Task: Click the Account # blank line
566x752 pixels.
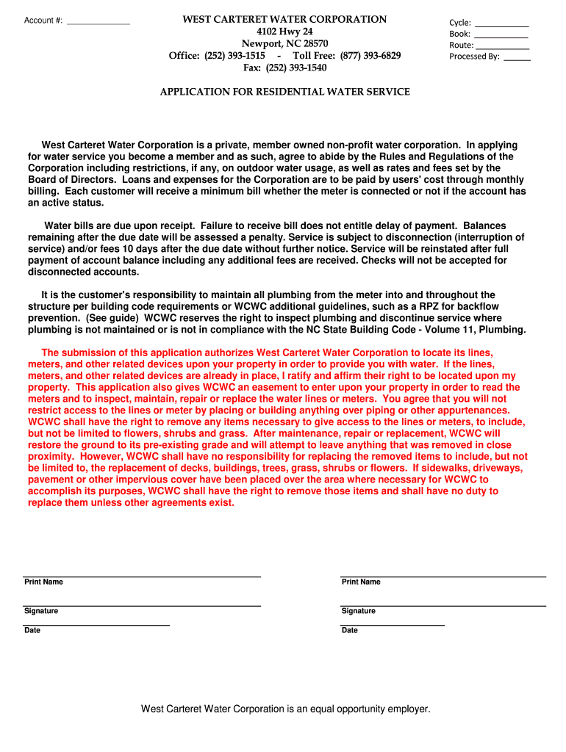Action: [98, 23]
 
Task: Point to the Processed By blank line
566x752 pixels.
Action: [517, 57]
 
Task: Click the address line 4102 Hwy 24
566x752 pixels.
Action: [284, 32]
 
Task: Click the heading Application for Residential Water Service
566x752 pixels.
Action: [285, 92]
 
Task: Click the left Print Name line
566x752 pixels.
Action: [142, 575]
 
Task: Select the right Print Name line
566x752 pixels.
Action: [443, 575]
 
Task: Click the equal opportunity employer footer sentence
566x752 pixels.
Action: [285, 709]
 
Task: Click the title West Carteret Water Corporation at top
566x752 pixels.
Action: [284, 20]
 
